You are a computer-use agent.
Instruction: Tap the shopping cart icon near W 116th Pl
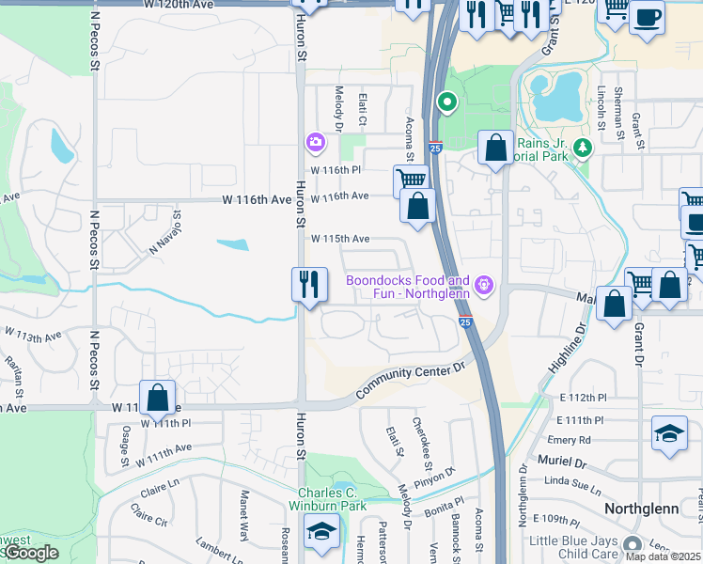[x=411, y=179]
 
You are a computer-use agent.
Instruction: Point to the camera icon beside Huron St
[x=315, y=143]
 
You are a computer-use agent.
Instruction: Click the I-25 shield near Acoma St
[x=434, y=147]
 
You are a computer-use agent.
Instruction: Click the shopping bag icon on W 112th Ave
[x=158, y=397]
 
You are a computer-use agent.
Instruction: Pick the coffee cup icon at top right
[x=646, y=16]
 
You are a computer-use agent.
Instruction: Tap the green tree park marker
[x=583, y=147]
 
